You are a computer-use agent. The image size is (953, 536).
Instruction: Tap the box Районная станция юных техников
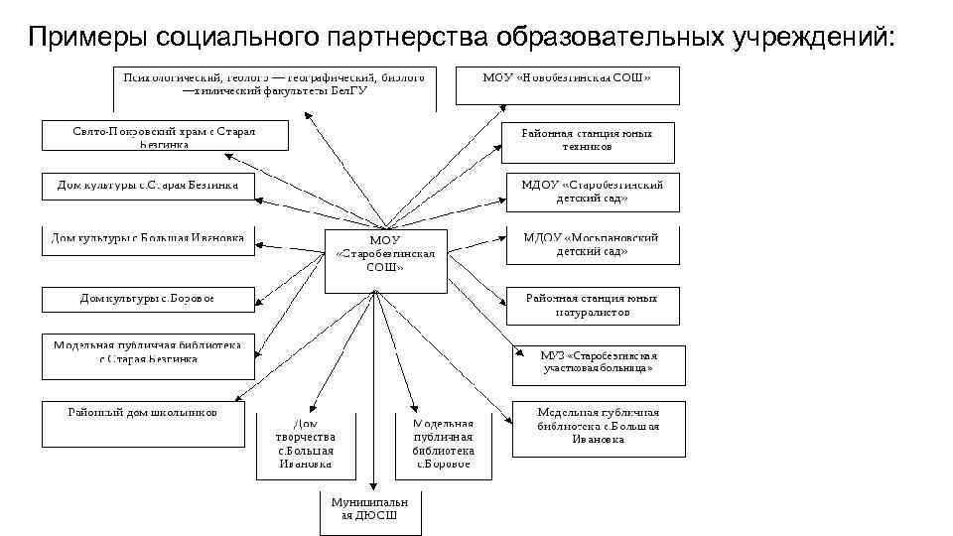click(x=588, y=142)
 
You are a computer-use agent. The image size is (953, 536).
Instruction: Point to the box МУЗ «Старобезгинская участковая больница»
click(x=598, y=363)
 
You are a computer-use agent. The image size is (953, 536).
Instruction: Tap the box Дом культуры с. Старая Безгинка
click(x=148, y=186)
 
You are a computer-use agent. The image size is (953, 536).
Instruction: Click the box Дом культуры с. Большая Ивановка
click(x=148, y=239)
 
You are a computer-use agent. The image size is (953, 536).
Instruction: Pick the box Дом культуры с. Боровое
click(x=147, y=298)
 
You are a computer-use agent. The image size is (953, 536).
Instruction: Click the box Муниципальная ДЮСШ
click(x=369, y=509)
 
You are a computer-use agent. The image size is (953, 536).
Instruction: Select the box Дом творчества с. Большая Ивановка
click(x=306, y=443)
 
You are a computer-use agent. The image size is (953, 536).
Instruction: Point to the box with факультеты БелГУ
click(x=274, y=87)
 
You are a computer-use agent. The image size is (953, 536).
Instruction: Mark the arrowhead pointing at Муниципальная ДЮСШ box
click(x=370, y=485)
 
